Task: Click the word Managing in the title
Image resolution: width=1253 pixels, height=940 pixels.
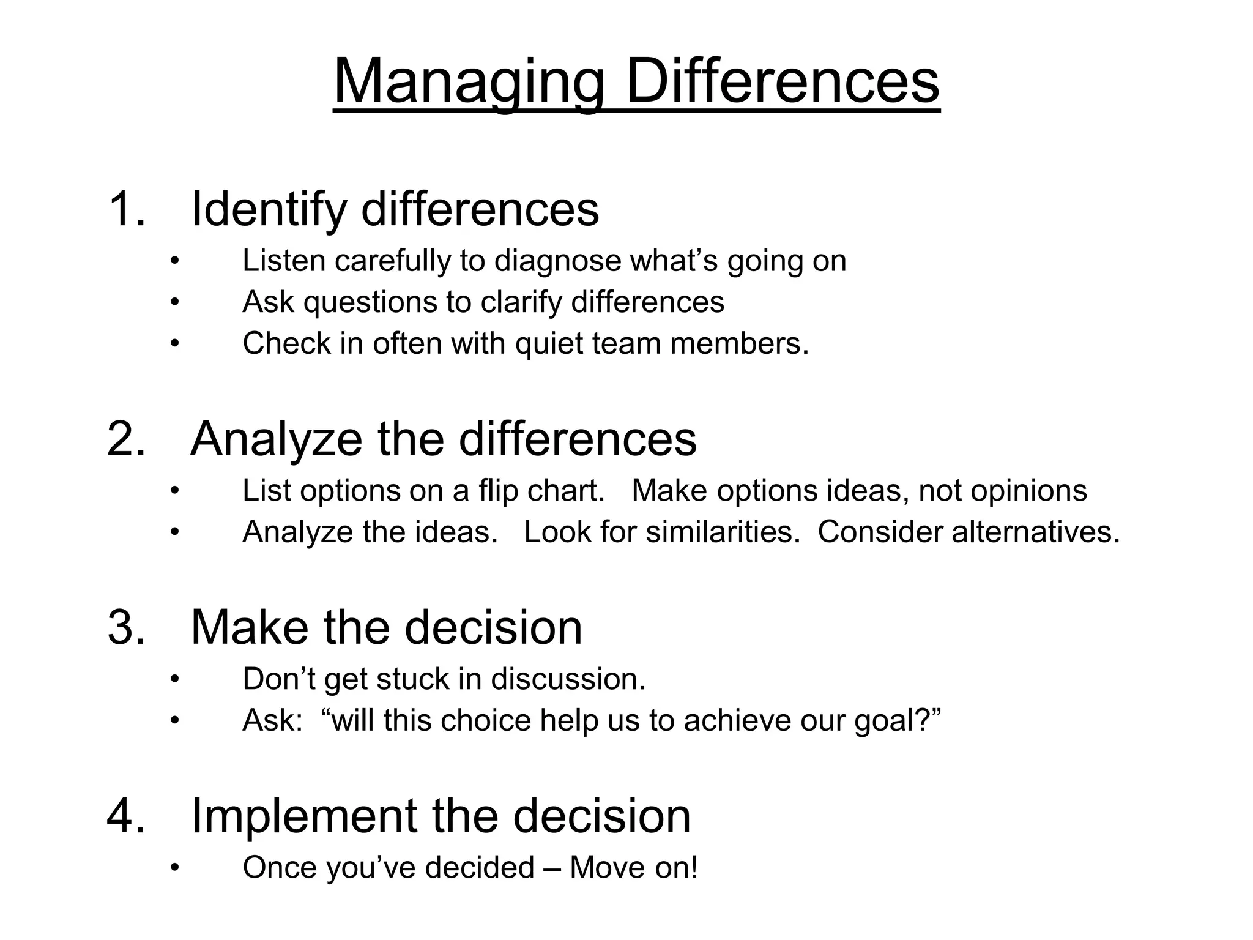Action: pyautogui.click(x=469, y=83)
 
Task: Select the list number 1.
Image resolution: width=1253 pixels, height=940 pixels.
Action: pyautogui.click(x=125, y=209)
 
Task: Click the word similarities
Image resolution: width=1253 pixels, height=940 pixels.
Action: pyautogui.click(x=723, y=532)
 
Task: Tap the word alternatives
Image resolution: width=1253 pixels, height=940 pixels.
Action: pyautogui.click(x=1035, y=532)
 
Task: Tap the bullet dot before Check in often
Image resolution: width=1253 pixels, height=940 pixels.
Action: pyautogui.click(x=175, y=343)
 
